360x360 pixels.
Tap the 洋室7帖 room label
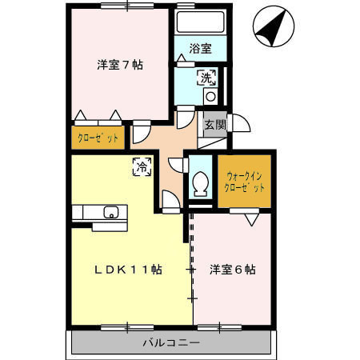pos(120,66)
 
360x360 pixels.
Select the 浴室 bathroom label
pos(200,49)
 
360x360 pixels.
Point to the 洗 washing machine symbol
pos(206,78)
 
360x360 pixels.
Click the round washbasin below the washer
pos(210,96)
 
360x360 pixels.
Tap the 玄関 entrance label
pos(213,124)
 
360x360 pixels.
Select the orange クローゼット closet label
pos(98,138)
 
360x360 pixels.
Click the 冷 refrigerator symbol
pos(142,166)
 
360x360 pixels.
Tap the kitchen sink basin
pos(110,212)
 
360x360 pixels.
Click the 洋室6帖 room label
pos(233,270)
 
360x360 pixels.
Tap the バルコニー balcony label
pos(172,342)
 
